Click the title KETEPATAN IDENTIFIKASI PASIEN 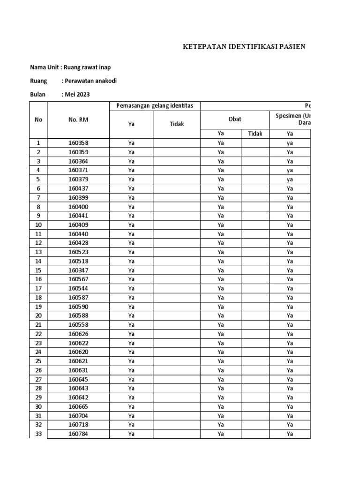tap(244, 46)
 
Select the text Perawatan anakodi tap(90, 81)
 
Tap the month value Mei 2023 tap(77, 94)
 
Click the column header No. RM tap(78, 120)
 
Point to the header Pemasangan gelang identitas tap(155, 106)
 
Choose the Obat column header tap(234, 119)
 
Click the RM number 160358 tap(78, 143)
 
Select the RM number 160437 tap(78, 188)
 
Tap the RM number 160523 tap(78, 252)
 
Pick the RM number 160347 tap(78, 270)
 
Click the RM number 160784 tap(78, 434)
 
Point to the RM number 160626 tap(78, 334)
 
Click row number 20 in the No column tap(38, 315)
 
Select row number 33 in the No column tap(38, 434)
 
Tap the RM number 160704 tap(78, 415)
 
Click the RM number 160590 tap(78, 307)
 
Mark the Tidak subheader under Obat tap(255, 134)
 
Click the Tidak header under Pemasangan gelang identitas tap(177, 124)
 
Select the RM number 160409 tap(78, 225)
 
